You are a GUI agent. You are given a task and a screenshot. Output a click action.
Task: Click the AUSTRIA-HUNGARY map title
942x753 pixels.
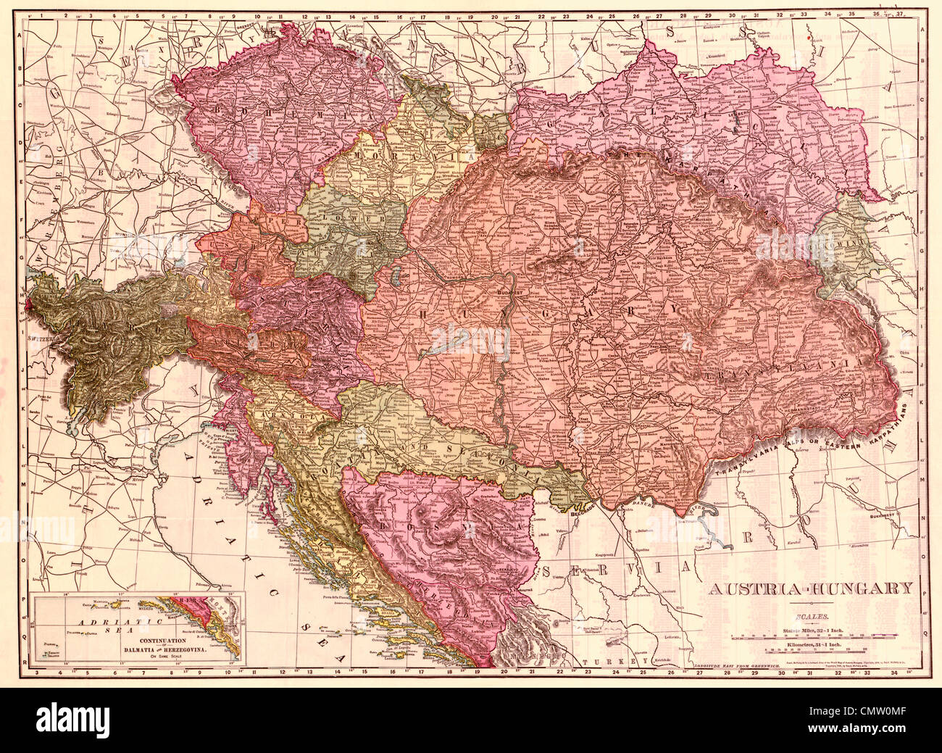[810, 588]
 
